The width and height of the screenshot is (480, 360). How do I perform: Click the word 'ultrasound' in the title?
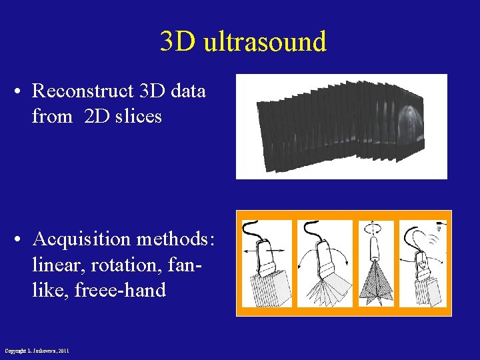pos(265,41)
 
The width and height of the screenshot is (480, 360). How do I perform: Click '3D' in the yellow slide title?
pos(178,41)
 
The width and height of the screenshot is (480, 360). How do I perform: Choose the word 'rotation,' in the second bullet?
pos(120,265)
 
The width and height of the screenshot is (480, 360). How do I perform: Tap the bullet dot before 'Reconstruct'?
pos(21,91)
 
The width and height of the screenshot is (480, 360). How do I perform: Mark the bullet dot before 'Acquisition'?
pos(21,239)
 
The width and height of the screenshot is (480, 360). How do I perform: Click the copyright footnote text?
pos(37,351)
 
